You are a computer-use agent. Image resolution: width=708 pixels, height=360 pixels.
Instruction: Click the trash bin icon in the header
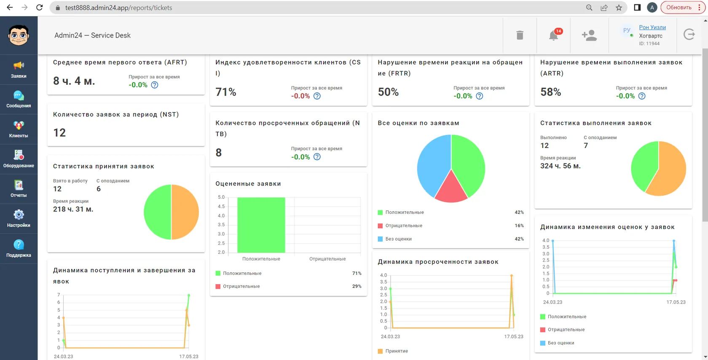(520, 35)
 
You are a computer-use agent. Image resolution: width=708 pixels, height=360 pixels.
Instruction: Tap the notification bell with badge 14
(554, 35)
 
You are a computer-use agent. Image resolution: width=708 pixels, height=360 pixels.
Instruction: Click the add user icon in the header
(589, 35)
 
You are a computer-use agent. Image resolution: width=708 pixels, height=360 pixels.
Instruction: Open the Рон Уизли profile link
(652, 27)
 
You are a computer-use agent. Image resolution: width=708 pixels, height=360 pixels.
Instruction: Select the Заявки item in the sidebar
(19, 70)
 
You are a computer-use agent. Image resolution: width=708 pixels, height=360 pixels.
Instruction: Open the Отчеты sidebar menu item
(19, 189)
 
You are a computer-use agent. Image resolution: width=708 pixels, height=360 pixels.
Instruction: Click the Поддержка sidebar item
(19, 249)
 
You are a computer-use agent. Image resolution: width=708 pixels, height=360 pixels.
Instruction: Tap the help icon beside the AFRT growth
(155, 85)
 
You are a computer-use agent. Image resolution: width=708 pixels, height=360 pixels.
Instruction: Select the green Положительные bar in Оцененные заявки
(261, 225)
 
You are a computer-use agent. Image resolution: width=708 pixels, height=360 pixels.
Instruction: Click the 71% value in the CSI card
(226, 92)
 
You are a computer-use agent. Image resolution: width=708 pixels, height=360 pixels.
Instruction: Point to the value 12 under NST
(59, 132)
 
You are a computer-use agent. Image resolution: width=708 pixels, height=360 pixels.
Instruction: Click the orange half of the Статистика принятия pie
(185, 212)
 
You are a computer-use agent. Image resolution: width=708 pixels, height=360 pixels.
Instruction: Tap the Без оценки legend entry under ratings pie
(398, 239)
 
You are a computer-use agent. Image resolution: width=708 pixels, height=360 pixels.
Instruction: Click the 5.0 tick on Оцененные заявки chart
(221, 197)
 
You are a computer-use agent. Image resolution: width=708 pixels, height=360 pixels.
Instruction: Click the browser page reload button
(40, 8)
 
